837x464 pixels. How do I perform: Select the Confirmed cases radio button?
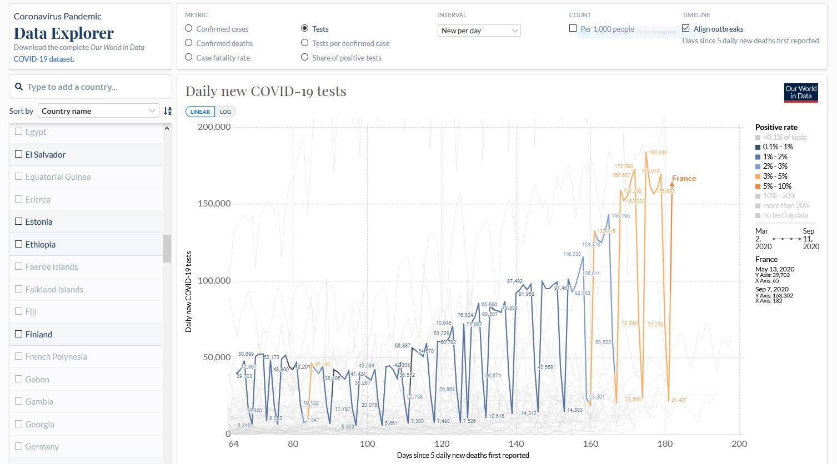pos(189,29)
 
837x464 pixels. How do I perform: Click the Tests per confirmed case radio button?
pos(304,43)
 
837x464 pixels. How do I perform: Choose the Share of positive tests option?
pos(304,57)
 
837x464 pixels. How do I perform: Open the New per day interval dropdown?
pos(479,31)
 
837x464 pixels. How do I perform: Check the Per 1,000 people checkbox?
pos(573,28)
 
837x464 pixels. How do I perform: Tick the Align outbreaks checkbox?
pos(686,28)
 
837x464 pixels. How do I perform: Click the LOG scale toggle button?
pos(225,112)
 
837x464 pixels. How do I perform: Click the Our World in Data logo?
pos(801,93)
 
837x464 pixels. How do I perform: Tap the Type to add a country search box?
pos(91,87)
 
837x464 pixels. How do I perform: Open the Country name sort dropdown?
pos(98,111)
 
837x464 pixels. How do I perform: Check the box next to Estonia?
pos(19,221)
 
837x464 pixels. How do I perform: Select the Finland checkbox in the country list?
pos(19,334)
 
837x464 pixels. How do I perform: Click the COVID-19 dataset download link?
pos(44,59)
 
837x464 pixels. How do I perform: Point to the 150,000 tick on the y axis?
pos(214,204)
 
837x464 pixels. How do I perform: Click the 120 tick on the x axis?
pos(442,444)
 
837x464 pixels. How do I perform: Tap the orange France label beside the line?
pos(684,179)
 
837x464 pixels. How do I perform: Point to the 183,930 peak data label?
pos(658,153)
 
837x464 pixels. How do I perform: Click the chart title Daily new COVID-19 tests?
pos(265,91)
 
